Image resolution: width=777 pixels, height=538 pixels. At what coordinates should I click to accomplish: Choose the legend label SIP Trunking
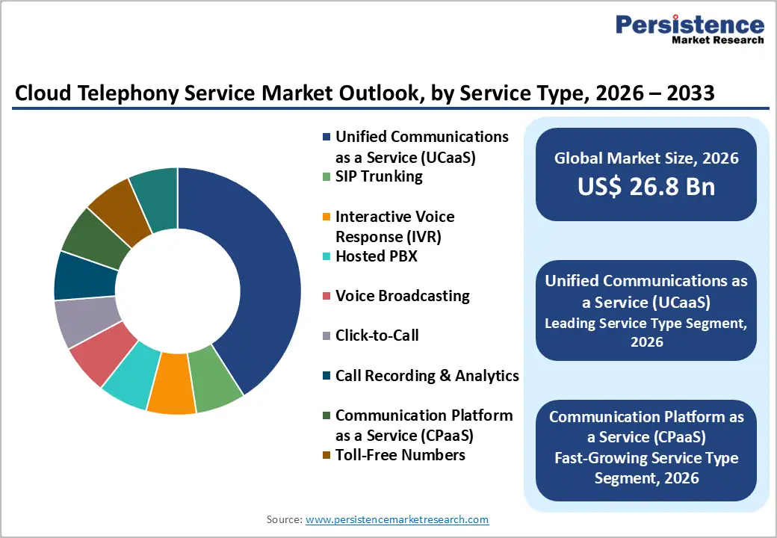click(379, 177)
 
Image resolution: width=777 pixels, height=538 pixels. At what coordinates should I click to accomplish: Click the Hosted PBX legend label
click(376, 257)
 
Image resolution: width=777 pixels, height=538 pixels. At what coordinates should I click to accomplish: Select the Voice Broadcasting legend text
click(402, 296)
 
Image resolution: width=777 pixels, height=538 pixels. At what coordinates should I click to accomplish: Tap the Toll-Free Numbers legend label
click(400, 455)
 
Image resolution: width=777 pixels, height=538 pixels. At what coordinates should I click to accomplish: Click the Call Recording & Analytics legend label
click(427, 376)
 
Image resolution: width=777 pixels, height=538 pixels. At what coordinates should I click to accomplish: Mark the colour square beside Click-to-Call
click(326, 336)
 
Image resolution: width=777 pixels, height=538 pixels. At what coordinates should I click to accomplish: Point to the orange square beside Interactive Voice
click(326, 217)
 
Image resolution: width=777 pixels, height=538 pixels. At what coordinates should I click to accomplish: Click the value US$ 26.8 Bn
click(646, 187)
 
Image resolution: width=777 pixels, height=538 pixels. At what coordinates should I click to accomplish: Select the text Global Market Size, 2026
click(646, 158)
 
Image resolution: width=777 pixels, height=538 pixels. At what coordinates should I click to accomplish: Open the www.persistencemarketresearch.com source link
click(397, 519)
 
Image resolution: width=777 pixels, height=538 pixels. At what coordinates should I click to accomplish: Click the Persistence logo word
click(689, 25)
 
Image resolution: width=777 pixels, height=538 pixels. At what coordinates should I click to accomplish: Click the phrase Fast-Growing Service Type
click(646, 458)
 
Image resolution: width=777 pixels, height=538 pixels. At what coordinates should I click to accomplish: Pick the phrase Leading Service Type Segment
click(646, 324)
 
